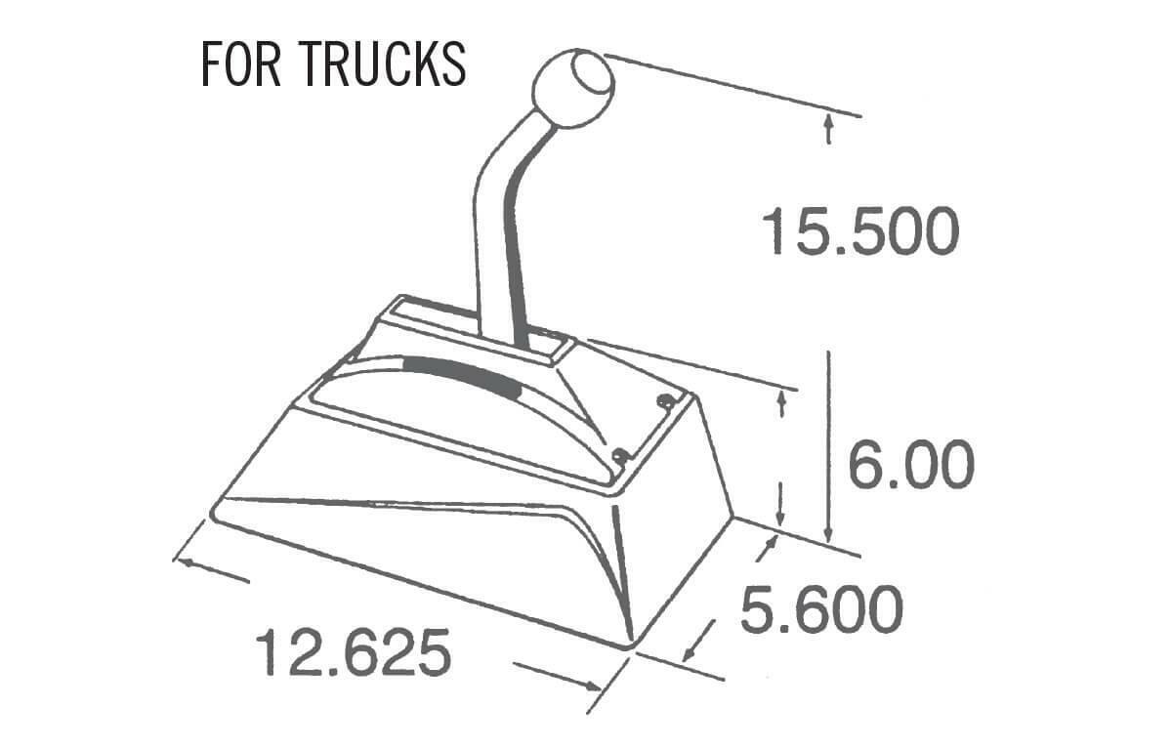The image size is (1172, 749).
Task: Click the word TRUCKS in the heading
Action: (x=383, y=63)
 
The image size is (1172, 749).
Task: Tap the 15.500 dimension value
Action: (x=859, y=232)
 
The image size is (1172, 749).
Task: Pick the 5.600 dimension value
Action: (x=820, y=610)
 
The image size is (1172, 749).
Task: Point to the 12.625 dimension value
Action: (x=354, y=653)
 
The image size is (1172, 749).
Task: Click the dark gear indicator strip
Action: (x=459, y=374)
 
